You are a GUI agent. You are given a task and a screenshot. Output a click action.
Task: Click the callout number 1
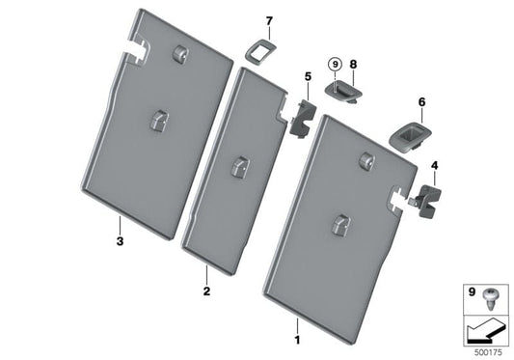coord(297,341)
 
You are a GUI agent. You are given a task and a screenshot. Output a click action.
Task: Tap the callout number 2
coord(206,291)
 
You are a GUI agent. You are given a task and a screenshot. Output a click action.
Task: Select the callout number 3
coord(120,241)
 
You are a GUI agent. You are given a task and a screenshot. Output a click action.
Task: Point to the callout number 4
coord(434,166)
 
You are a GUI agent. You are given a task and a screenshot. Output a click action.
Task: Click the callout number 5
coord(308,77)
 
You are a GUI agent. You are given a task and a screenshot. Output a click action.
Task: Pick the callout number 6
coord(421,102)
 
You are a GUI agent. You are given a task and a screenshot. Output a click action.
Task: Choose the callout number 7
coord(269,21)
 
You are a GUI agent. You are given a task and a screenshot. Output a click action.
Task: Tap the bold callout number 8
coord(353,64)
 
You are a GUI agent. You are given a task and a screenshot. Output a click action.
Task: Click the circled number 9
coord(335,65)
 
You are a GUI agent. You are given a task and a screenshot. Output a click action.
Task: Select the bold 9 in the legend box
coord(472,291)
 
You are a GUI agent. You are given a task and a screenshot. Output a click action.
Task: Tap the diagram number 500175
coord(488,353)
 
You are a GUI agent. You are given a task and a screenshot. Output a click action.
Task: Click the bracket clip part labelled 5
coord(303,119)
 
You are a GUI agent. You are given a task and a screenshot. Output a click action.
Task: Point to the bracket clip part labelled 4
coord(426,201)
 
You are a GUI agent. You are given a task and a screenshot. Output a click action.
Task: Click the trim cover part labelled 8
coord(343,91)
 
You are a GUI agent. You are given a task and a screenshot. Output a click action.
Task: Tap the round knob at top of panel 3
coord(180,53)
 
